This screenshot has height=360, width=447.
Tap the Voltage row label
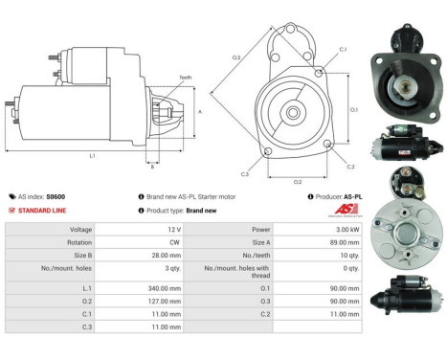click(x=80, y=230)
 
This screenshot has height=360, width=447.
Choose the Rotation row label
click(x=79, y=243)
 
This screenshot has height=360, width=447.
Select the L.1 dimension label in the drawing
click(x=92, y=154)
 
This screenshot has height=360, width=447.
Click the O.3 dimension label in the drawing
click(x=236, y=57)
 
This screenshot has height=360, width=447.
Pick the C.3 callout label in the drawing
click(x=245, y=174)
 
